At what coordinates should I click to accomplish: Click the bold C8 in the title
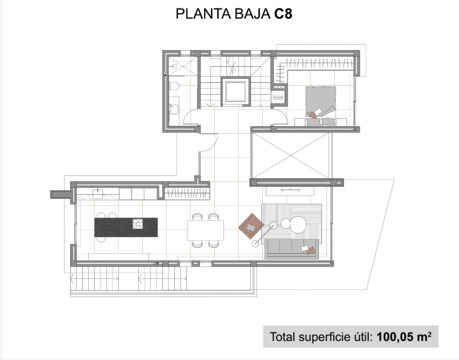(284, 14)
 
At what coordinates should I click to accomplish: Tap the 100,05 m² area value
(404, 337)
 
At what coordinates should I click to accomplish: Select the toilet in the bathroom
(174, 86)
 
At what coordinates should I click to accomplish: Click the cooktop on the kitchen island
(138, 223)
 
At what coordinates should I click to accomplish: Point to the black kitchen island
(126, 227)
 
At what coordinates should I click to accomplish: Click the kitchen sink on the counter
(98, 194)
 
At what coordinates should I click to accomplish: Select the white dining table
(206, 230)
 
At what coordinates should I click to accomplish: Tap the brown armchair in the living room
(251, 226)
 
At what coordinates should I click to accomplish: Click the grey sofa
(292, 249)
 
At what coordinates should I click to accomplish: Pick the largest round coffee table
(298, 225)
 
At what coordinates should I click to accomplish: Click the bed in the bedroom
(321, 106)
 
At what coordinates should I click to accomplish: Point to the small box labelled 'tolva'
(278, 97)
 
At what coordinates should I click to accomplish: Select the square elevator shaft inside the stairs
(236, 91)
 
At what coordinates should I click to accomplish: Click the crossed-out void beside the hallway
(292, 155)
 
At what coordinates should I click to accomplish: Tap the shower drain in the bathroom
(174, 66)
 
